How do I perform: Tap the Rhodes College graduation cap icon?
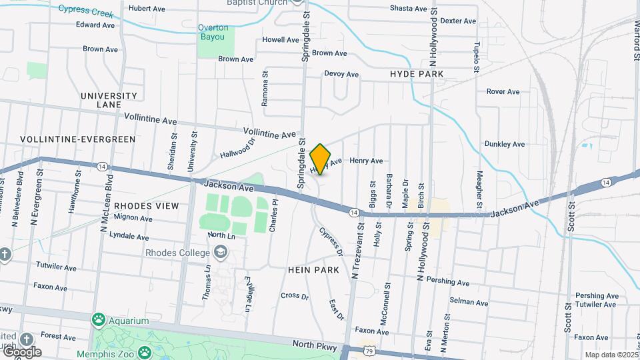(220, 253)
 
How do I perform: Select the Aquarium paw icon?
(99, 319)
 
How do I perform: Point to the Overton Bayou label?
(214, 32)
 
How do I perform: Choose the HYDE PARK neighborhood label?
(417, 74)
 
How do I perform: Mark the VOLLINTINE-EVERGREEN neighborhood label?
(77, 139)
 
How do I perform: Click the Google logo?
(22, 351)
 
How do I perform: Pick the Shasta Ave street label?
(408, 9)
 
